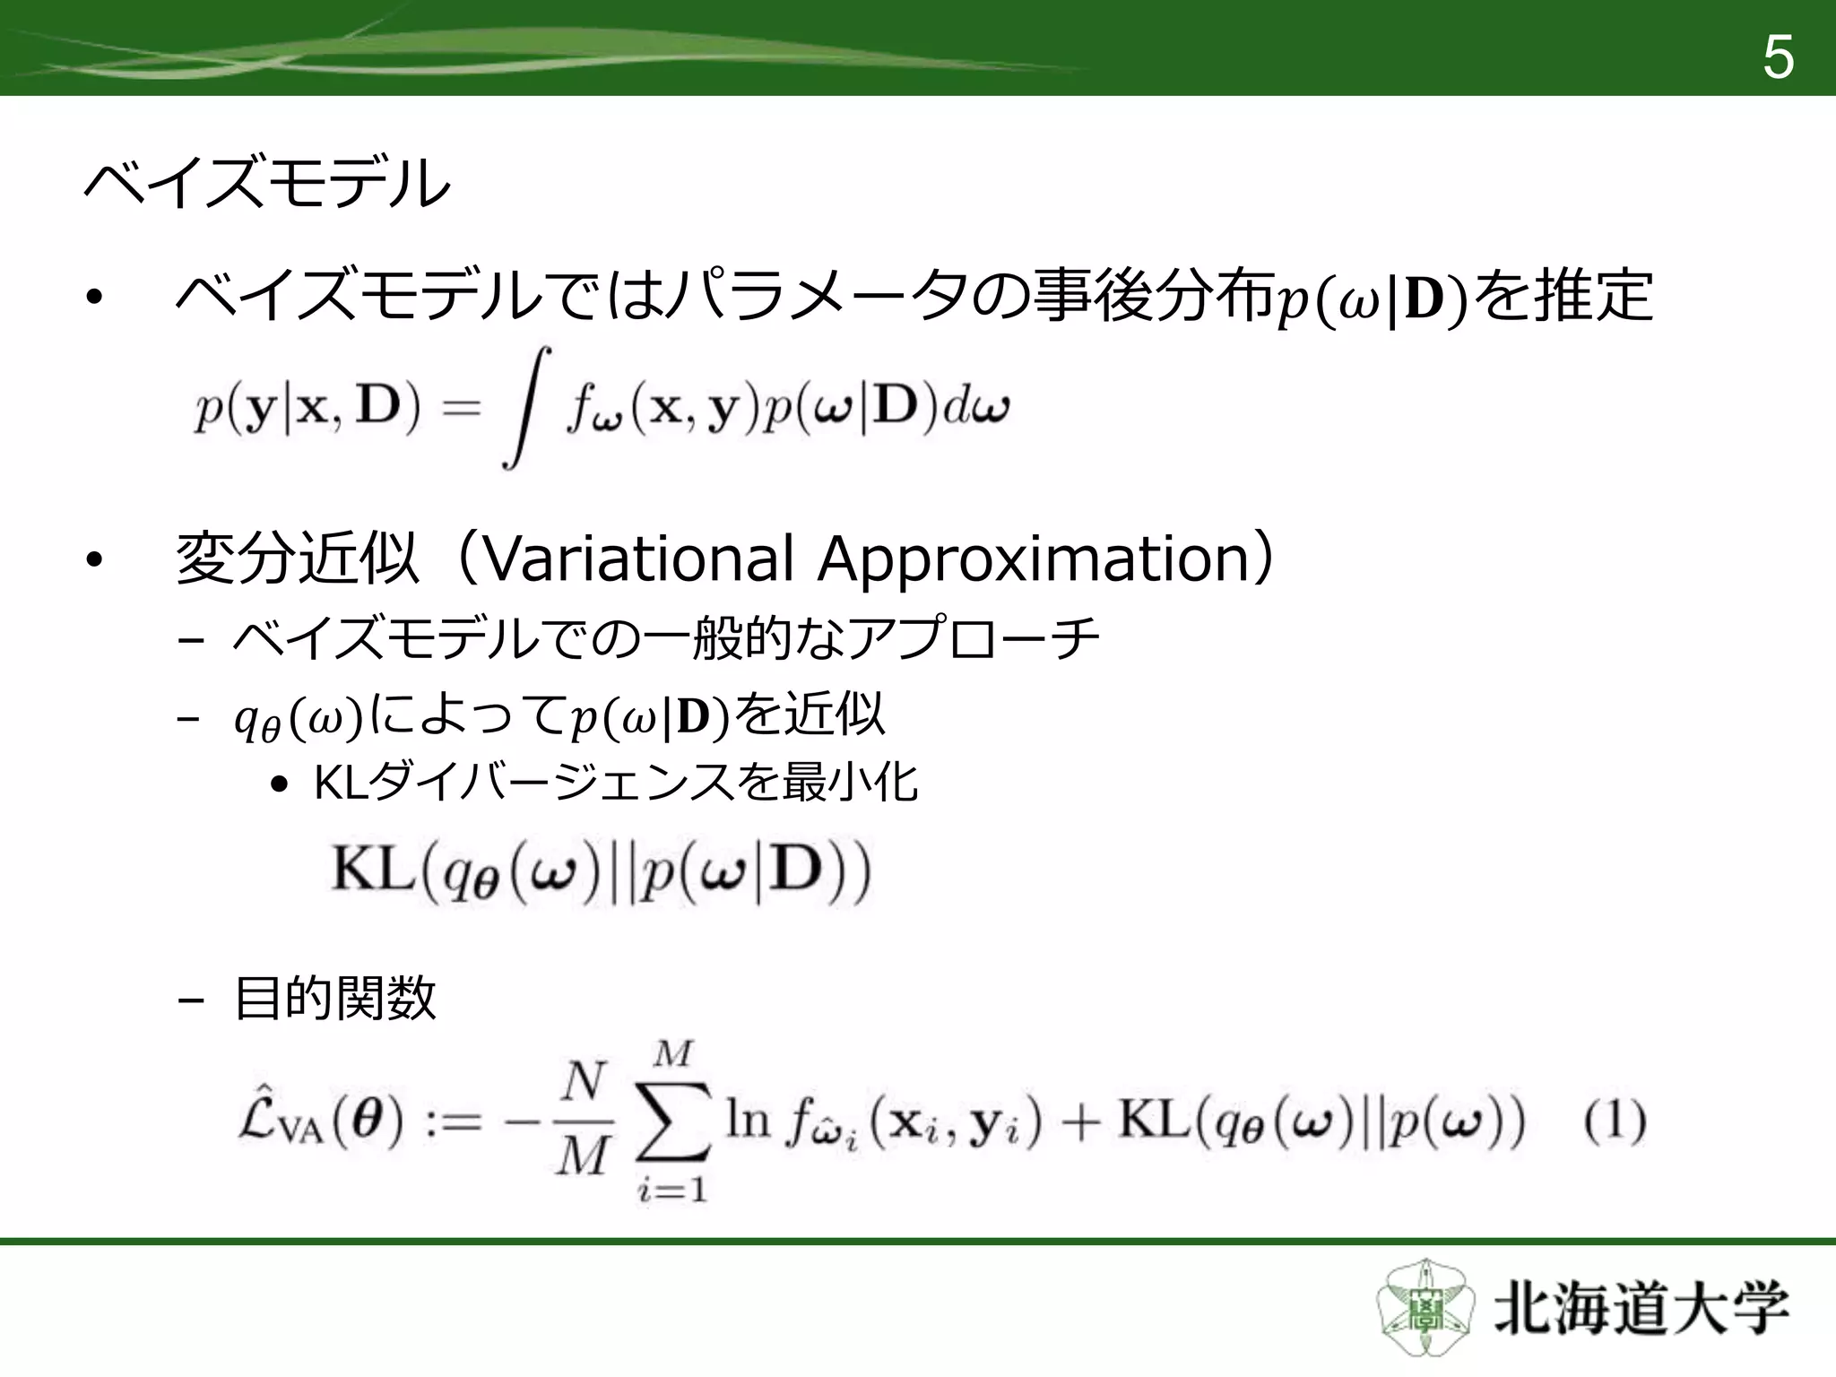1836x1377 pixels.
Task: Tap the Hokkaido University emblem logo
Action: tap(1424, 1308)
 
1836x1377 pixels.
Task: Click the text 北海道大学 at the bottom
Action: tap(1640, 1310)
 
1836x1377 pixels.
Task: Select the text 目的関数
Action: tap(334, 997)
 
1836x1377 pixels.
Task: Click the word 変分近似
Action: tap(297, 558)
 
